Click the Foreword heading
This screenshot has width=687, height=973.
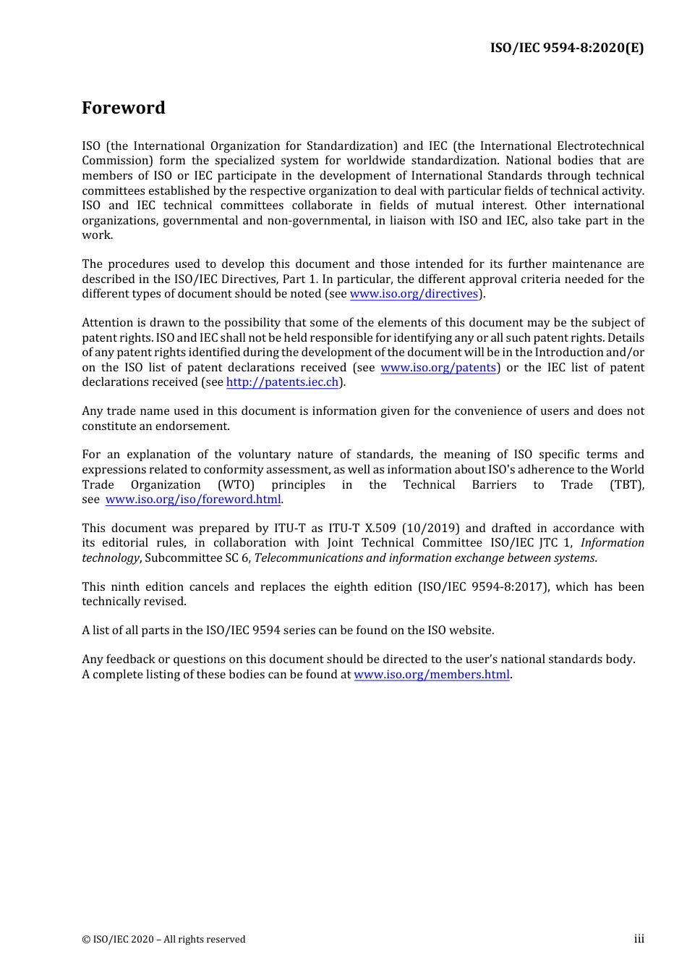(124, 108)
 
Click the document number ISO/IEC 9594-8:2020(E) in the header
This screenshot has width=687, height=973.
(566, 49)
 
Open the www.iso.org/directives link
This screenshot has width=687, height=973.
(414, 294)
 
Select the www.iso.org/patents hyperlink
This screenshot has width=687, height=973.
(438, 368)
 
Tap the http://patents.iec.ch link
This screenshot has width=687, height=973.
(282, 382)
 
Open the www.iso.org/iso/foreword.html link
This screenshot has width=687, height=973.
(193, 500)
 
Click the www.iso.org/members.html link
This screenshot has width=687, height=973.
(432, 675)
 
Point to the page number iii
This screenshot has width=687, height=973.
(639, 939)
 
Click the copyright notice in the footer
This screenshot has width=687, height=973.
(163, 940)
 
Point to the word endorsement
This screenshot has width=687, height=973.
(197, 426)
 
